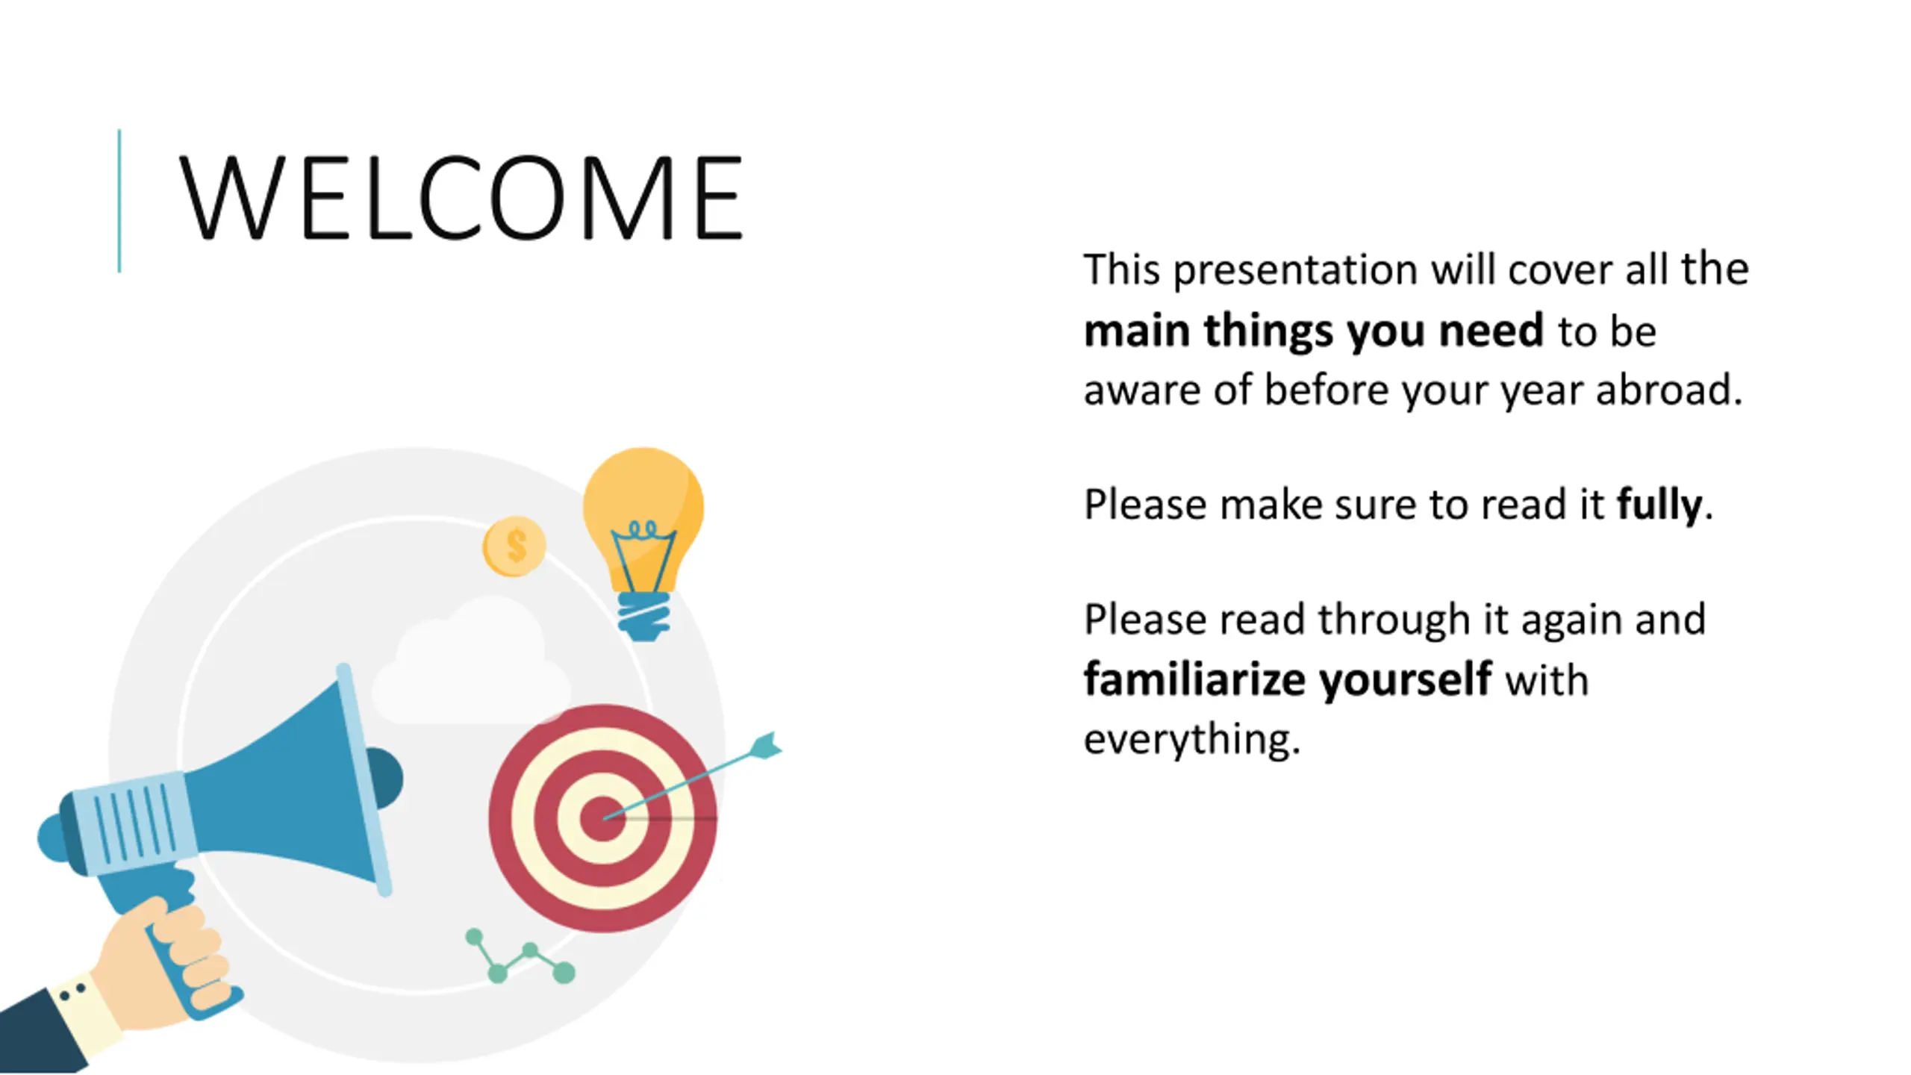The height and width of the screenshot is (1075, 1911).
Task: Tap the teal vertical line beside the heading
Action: [x=119, y=201]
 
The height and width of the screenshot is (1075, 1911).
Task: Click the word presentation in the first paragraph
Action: [x=1295, y=270]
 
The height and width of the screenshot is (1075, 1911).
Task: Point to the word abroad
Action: [x=1668, y=390]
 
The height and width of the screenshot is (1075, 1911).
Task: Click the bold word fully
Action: [x=1659, y=505]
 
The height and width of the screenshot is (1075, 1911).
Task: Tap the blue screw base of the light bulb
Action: [x=643, y=616]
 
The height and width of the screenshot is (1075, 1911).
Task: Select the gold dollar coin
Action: [x=514, y=546]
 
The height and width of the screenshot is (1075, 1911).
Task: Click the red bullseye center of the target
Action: [x=602, y=818]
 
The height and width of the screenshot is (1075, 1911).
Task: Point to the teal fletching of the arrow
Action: [x=765, y=747]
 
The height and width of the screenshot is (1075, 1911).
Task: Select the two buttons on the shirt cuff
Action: [x=72, y=992]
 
